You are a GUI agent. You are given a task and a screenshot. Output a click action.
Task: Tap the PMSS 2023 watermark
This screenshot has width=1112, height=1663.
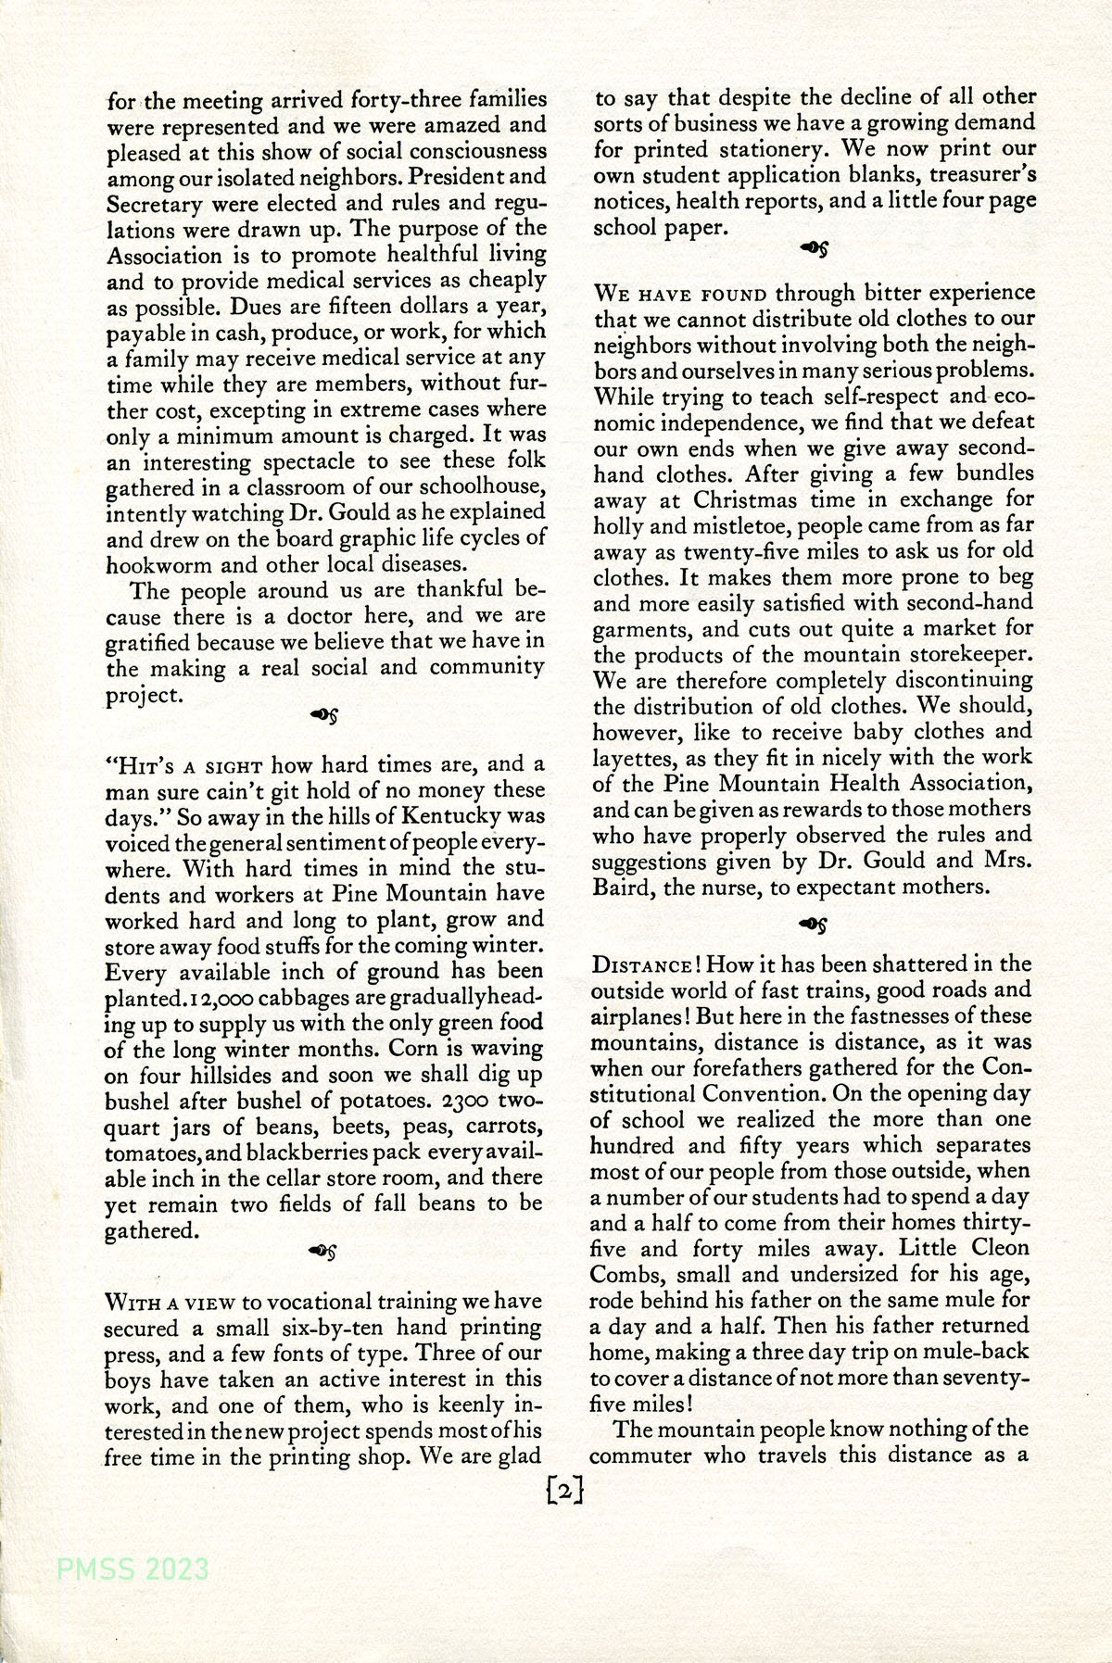pos(133,1569)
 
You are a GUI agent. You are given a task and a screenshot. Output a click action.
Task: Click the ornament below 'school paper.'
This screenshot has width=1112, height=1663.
pos(814,248)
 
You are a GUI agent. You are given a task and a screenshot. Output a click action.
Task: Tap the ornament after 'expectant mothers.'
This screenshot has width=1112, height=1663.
pos(814,923)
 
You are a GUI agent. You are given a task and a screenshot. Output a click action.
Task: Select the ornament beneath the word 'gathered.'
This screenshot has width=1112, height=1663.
pos(322,1251)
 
